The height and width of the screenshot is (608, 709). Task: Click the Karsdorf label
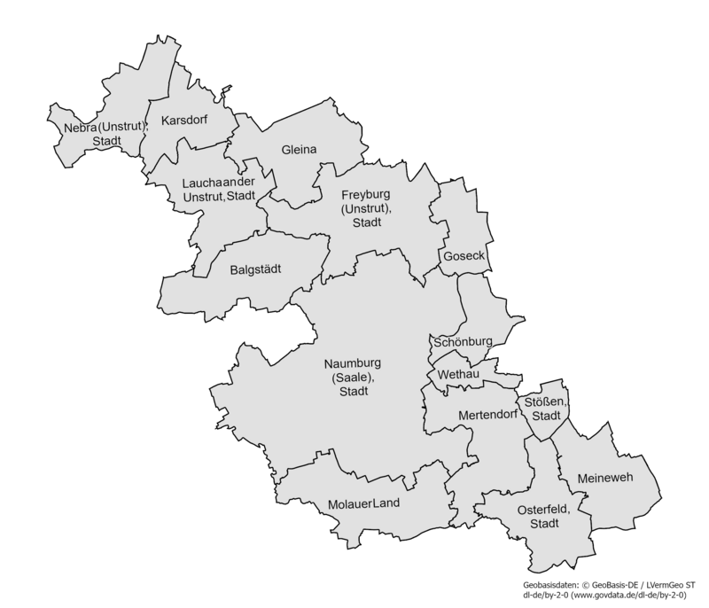pyautogui.click(x=184, y=120)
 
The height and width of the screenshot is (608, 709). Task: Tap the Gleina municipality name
pyautogui.click(x=299, y=149)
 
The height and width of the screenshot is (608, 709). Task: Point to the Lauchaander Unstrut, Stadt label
pyautogui.click(x=218, y=189)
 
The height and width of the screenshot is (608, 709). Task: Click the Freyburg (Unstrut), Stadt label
pyautogui.click(x=366, y=207)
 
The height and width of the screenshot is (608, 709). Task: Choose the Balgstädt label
pyautogui.click(x=255, y=269)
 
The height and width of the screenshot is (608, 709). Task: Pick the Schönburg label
pyautogui.click(x=462, y=341)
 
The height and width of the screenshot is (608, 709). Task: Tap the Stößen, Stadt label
pyautogui.click(x=543, y=409)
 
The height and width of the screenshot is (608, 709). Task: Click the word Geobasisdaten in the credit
pyautogui.click(x=551, y=586)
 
